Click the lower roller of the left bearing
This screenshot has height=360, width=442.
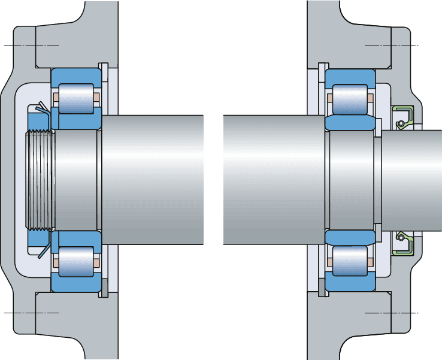point(76,262)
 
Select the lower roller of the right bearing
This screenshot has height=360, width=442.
point(350,262)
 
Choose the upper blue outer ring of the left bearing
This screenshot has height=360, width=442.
point(76,75)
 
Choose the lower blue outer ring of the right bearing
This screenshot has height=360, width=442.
point(350,285)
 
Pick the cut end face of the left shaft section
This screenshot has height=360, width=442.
point(202,180)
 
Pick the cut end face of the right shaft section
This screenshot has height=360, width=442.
point(224,180)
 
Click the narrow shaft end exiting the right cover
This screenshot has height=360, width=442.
point(419,180)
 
